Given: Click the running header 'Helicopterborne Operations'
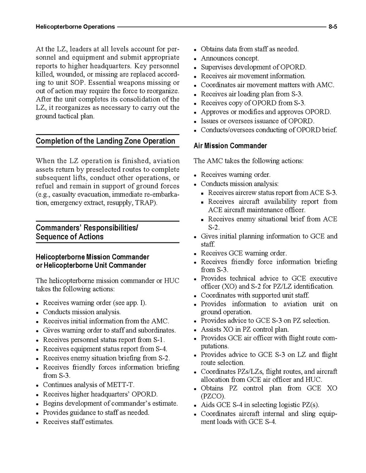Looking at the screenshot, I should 75,27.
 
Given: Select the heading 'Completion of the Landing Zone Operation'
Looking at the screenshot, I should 106,141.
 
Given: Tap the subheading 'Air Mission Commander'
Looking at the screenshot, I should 230,146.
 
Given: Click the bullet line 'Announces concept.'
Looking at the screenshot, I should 230,58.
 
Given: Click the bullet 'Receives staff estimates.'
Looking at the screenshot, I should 78,422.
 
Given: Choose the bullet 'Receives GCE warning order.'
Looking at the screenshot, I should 244,253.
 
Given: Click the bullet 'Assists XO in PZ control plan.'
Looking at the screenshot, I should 245,329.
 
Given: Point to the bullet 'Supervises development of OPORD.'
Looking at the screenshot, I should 253,67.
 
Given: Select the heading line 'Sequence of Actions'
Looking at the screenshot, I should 70,237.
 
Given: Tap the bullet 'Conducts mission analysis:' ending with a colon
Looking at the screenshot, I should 240,184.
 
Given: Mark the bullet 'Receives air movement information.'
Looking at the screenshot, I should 253,76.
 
